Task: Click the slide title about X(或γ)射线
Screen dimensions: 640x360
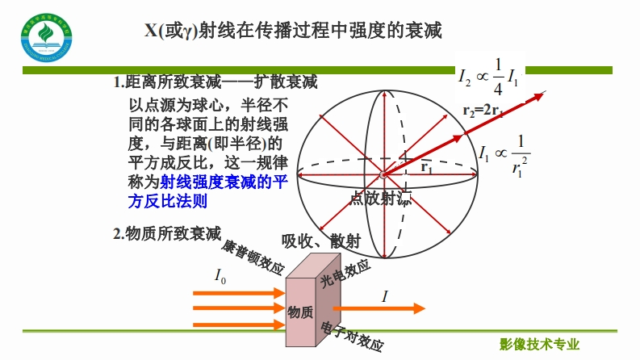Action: (293, 31)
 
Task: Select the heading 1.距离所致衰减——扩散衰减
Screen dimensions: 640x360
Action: (215, 82)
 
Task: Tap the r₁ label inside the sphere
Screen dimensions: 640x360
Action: (427, 169)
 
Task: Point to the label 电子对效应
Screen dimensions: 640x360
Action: (352, 336)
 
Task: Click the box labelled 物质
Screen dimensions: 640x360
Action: (301, 312)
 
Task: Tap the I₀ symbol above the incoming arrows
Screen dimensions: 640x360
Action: (220, 275)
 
